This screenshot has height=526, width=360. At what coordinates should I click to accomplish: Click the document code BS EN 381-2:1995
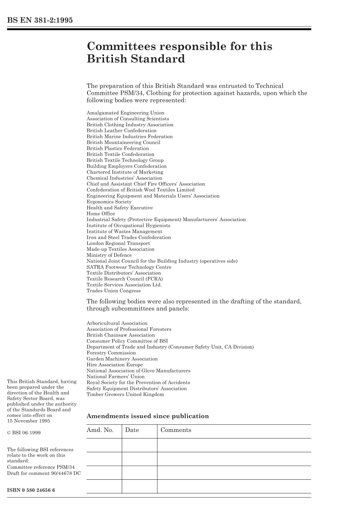(40, 20)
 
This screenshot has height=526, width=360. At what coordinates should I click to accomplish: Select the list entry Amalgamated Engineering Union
(125, 113)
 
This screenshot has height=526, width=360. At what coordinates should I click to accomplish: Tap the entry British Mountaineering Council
(123, 142)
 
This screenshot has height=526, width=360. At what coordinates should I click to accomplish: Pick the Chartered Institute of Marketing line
(125, 172)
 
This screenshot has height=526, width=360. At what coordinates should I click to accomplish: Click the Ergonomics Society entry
(109, 202)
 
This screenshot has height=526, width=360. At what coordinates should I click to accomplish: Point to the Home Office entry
(101, 214)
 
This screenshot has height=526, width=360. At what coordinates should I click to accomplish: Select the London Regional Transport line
(118, 243)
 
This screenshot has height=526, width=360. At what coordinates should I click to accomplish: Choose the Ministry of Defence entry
(109, 255)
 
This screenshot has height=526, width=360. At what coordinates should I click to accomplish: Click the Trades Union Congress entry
(113, 291)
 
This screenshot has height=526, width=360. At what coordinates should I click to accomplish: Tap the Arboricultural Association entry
(117, 323)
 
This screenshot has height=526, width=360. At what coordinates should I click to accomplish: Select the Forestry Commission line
(111, 353)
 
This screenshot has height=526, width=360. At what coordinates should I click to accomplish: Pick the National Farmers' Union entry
(115, 377)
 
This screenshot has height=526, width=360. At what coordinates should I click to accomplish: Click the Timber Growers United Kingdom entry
(125, 394)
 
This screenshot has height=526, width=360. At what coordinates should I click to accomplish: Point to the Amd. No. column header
(100, 430)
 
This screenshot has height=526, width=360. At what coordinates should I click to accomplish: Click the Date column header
(132, 430)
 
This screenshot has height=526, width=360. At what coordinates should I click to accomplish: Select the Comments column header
(176, 430)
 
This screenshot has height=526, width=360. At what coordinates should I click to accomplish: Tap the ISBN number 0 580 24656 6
(31, 490)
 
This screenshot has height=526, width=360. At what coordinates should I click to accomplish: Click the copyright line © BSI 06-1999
(24, 433)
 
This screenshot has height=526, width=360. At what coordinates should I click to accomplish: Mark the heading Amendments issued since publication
(147, 416)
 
